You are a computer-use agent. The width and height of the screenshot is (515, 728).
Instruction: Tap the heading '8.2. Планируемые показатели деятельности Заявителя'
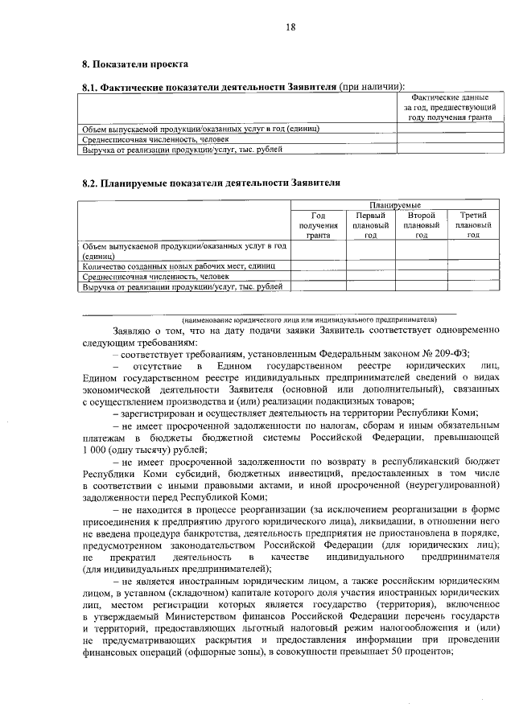[211, 183]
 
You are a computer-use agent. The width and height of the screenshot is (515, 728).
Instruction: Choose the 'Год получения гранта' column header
[318, 225]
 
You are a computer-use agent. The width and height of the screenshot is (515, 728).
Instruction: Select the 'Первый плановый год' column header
[370, 225]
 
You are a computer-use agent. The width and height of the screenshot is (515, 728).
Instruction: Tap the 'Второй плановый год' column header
[421, 225]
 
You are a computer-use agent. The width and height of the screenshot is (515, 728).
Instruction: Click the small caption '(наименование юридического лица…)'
[313, 319]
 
